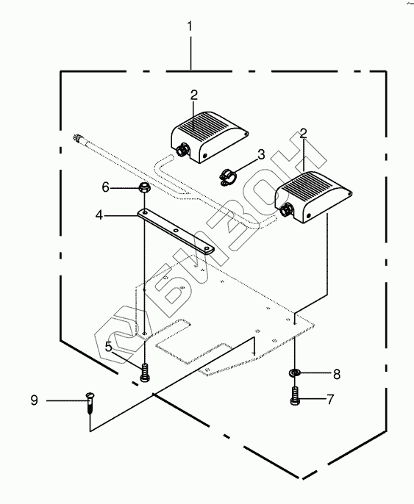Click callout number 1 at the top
click(190, 26)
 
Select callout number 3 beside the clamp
click(261, 154)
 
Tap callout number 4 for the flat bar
click(99, 215)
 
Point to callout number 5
click(109, 347)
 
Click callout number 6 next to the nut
click(105, 187)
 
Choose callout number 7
click(330, 400)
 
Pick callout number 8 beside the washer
click(337, 374)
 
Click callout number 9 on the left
click(34, 400)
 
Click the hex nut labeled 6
click(143, 187)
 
